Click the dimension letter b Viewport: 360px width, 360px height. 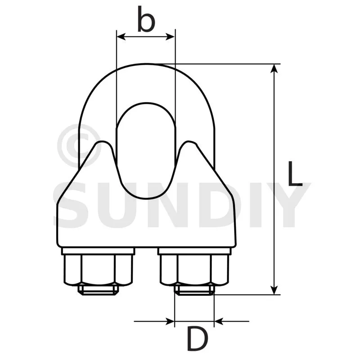point(146,19)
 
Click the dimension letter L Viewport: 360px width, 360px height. point(295,173)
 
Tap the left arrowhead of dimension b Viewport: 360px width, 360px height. point(121,37)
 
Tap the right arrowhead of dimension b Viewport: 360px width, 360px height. point(171,37)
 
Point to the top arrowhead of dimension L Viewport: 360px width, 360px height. point(274,69)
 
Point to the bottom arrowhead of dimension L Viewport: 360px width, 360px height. point(274,290)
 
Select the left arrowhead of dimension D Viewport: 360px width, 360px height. point(170,321)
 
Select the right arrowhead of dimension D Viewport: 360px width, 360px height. point(219,321)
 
